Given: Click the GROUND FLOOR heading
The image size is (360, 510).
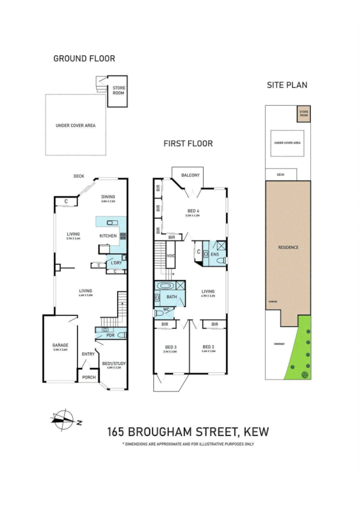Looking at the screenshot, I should point(84,58).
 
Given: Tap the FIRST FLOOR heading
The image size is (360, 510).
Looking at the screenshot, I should point(188,144).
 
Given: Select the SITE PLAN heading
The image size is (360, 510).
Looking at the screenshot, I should point(287,85).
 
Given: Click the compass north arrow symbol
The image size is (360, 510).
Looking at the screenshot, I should point(63,419).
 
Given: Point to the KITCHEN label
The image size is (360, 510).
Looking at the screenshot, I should point(108,236).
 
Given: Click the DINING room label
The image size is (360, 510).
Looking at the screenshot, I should point(108,197).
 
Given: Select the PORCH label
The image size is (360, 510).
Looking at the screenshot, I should point(89,378).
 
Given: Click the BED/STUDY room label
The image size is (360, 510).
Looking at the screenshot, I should point(114,363).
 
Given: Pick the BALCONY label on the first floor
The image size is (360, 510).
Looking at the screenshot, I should point(190,175).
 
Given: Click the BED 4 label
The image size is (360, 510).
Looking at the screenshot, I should point(193,210).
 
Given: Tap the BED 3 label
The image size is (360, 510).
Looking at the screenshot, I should point(171,347).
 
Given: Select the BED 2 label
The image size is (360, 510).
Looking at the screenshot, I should point(209,347).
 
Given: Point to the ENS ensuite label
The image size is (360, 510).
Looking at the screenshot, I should point(215,254).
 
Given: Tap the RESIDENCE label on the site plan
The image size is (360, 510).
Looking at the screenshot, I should point(288,247).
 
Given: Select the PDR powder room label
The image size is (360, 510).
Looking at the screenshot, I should point(110,335).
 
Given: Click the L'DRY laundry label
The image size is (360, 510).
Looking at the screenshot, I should point(116,263).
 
